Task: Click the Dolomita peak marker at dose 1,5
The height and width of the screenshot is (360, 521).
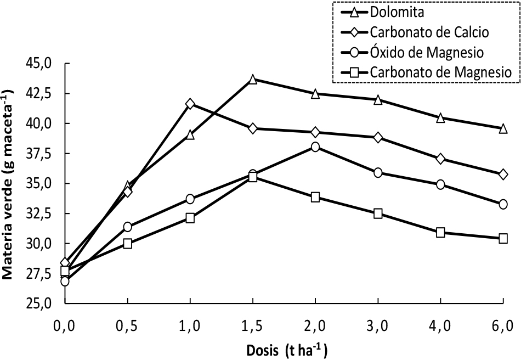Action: tap(253, 80)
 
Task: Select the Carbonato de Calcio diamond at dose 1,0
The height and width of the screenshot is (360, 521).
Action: tap(190, 104)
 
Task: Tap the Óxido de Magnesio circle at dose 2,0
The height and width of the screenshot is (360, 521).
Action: tap(315, 147)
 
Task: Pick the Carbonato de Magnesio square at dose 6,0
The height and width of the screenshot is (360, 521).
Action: tap(503, 239)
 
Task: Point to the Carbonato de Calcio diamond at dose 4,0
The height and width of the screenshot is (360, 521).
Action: tap(440, 159)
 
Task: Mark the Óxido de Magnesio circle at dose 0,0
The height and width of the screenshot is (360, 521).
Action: tap(65, 282)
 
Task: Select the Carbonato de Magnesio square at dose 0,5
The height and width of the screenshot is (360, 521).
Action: tap(128, 244)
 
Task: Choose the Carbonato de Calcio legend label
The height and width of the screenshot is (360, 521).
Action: tap(429, 32)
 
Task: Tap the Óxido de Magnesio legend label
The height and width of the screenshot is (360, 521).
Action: tap(427, 52)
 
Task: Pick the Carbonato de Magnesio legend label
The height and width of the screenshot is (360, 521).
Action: tap(441, 72)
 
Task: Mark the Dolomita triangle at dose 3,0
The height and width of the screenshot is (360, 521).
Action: tap(378, 100)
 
